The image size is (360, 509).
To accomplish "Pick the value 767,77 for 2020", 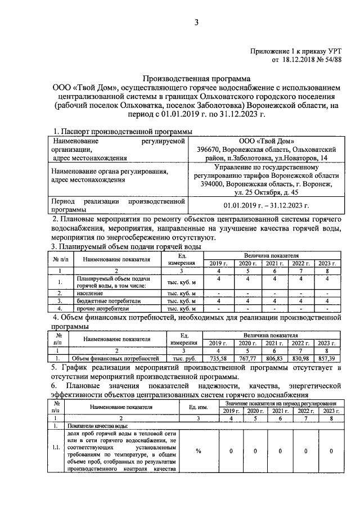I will tap(247, 358).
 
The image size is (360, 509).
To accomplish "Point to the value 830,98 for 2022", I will tap(301, 358).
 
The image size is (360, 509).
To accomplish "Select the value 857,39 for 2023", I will tap(329, 358).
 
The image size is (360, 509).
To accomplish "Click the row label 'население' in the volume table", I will tap(90, 293).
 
